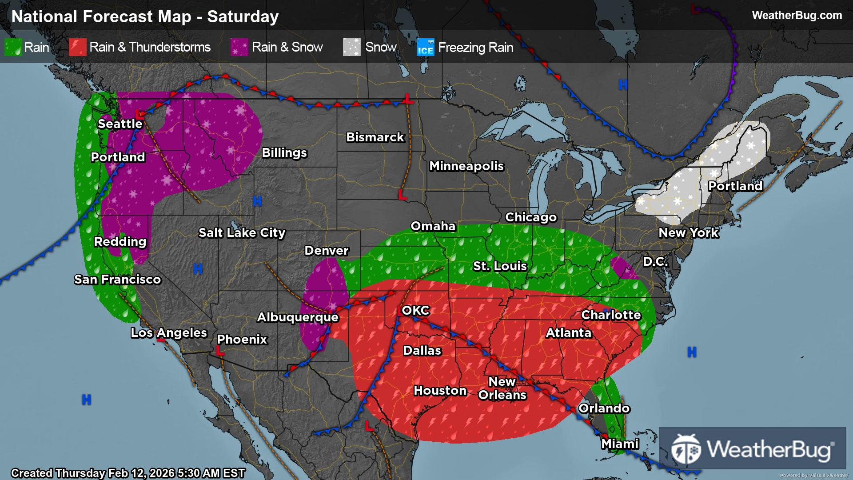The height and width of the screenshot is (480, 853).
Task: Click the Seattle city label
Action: (x=120, y=124)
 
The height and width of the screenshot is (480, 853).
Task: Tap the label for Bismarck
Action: (x=375, y=137)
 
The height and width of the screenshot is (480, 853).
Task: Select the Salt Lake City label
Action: (x=242, y=233)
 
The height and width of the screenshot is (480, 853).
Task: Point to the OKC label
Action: (x=415, y=310)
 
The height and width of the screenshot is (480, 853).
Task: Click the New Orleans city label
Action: (x=502, y=388)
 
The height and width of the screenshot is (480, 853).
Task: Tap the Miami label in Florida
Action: (x=620, y=444)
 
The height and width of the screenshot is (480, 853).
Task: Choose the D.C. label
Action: (x=655, y=262)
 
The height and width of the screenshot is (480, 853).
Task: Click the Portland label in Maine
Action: (x=735, y=186)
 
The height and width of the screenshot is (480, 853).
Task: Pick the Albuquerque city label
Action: (x=298, y=317)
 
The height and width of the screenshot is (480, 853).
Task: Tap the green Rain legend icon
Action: (x=13, y=47)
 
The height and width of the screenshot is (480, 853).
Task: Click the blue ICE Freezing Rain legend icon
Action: (x=425, y=47)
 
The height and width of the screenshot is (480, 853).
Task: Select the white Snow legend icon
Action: (x=351, y=47)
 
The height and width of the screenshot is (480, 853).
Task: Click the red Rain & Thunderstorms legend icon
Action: (x=77, y=47)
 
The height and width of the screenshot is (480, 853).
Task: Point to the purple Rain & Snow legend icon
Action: (x=239, y=47)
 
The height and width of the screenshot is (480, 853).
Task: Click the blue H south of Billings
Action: (x=257, y=201)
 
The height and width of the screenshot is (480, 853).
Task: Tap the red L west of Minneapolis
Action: (x=402, y=195)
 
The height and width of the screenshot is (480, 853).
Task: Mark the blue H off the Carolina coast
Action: (x=692, y=352)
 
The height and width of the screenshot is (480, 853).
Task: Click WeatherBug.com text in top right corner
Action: (x=797, y=16)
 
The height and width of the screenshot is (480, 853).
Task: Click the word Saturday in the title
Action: (x=243, y=17)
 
